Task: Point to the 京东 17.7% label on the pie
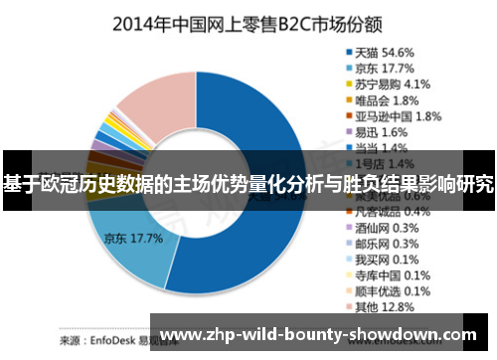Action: tap(132, 240)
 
